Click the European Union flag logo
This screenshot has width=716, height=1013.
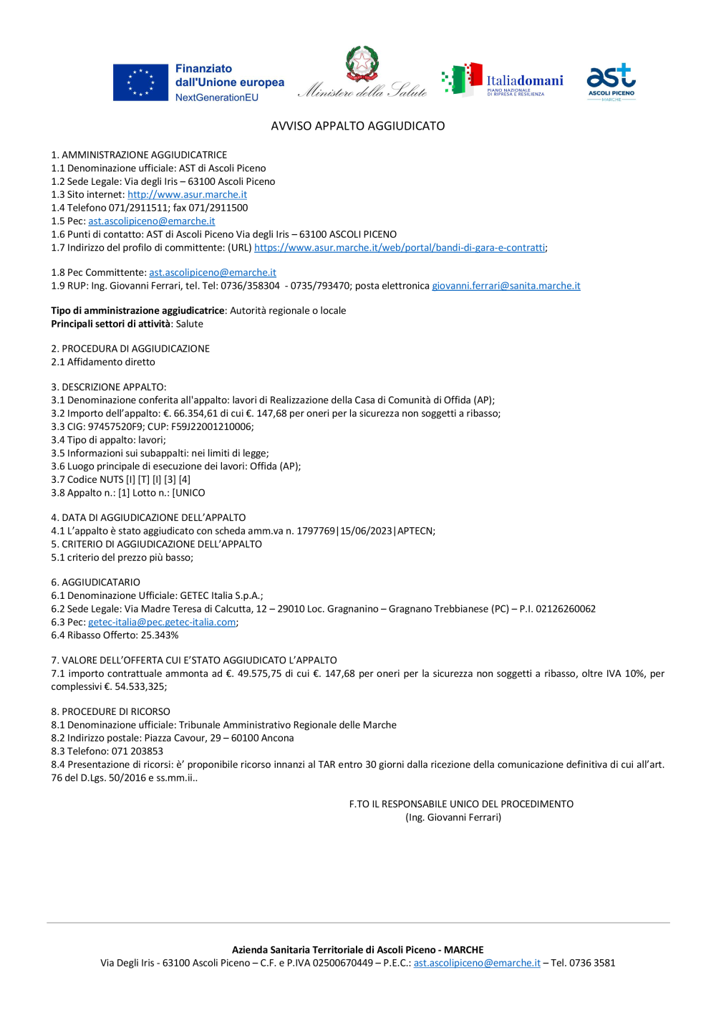(x=140, y=83)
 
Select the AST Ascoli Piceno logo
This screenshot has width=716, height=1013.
(x=611, y=82)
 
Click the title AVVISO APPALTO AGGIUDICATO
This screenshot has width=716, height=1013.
(x=358, y=126)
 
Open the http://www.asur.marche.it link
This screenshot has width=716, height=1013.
(x=187, y=195)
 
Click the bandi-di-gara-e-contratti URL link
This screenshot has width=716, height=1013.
(x=400, y=248)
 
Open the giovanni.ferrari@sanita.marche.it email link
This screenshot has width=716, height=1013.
(x=505, y=286)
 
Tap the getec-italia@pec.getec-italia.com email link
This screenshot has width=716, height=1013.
(x=162, y=623)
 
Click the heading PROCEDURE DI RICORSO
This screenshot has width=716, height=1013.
(x=116, y=712)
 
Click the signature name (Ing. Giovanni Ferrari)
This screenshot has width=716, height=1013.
(x=453, y=817)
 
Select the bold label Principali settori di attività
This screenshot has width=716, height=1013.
(x=111, y=324)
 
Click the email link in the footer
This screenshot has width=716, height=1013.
(x=477, y=964)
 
